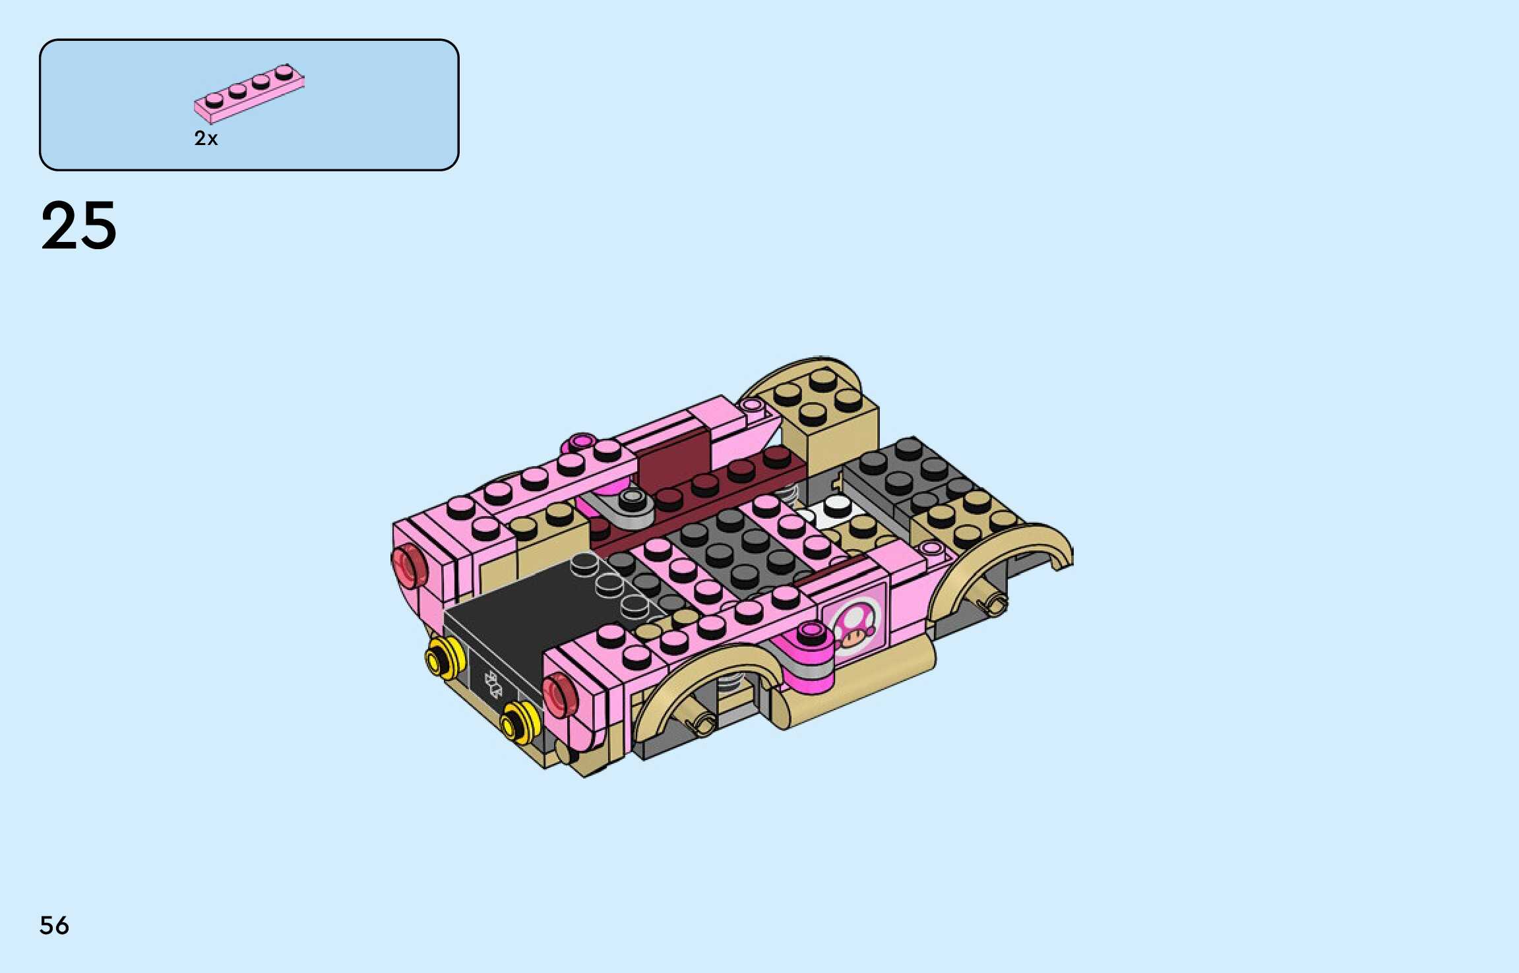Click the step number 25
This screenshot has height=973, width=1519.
pyautogui.click(x=79, y=226)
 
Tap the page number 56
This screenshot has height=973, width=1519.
pyautogui.click(x=54, y=926)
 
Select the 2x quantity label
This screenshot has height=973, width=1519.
pyautogui.click(x=206, y=138)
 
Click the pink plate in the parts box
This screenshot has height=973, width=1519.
pyautogui.click(x=249, y=94)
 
